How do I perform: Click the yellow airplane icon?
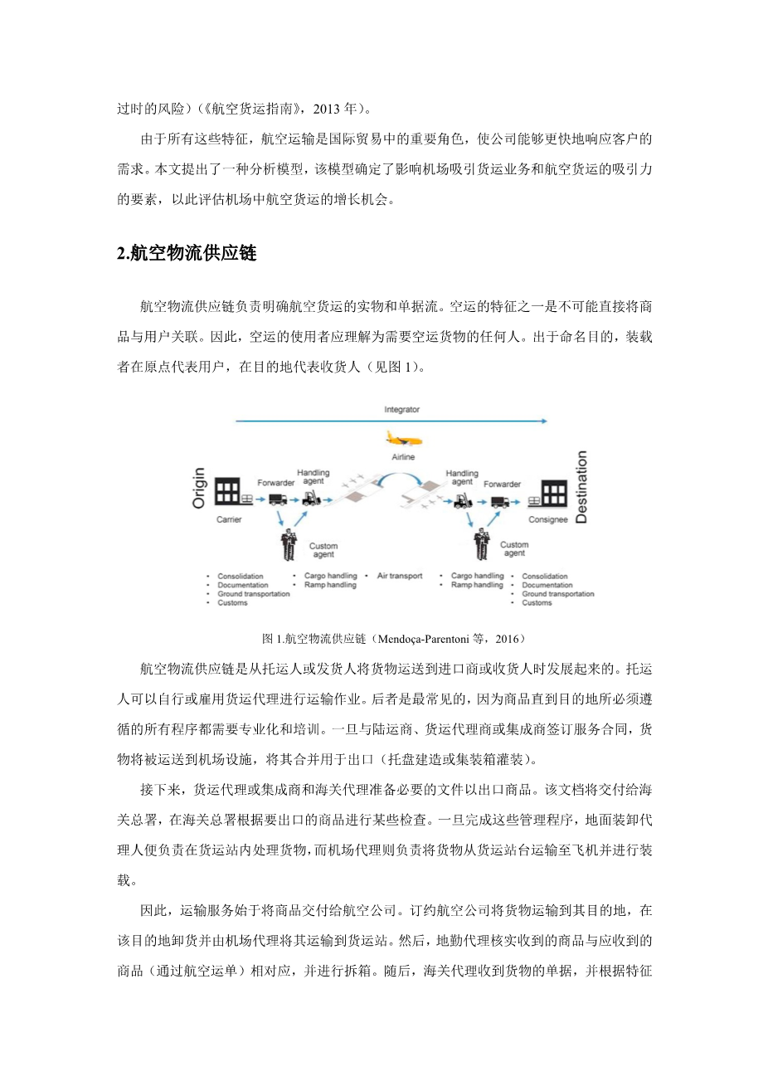click(x=403, y=440)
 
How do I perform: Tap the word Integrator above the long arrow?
click(x=401, y=410)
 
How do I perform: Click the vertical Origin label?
click(x=199, y=488)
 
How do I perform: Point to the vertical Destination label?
click(x=581, y=487)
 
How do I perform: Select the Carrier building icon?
click(x=227, y=492)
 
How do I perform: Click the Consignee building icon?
click(x=554, y=493)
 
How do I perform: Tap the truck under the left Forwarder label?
click(x=278, y=499)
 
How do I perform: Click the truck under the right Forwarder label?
click(x=500, y=500)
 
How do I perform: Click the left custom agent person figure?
click(x=289, y=544)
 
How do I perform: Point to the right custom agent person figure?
click(x=481, y=544)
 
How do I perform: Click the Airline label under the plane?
click(x=403, y=457)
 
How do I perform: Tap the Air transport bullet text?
click(x=400, y=576)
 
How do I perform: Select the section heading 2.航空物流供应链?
click(x=187, y=254)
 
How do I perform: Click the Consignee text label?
click(x=548, y=520)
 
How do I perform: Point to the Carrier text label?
click(x=229, y=520)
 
